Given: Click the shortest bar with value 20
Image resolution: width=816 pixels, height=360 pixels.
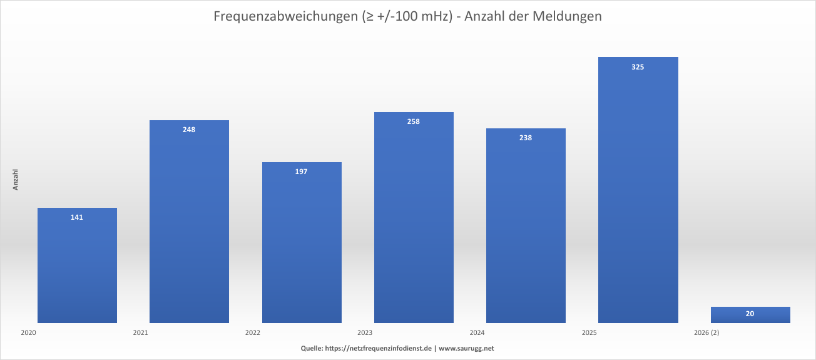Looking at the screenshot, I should [750, 315].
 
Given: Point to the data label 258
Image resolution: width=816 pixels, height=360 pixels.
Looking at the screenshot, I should [414, 121].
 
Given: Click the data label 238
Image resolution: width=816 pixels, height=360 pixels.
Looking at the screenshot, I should [526, 138].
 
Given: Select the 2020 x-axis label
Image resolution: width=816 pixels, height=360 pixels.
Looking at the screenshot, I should [28, 333].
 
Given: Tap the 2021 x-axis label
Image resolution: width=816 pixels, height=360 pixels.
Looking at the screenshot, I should [141, 333].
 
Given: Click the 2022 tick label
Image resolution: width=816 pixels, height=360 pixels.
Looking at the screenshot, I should [253, 333].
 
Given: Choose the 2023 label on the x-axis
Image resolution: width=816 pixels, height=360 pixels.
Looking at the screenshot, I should [365, 333].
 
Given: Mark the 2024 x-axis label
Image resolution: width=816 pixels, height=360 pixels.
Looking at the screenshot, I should [477, 333].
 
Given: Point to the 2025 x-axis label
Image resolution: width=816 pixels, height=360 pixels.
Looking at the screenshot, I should [589, 333].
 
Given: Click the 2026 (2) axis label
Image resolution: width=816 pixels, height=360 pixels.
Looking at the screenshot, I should [706, 333].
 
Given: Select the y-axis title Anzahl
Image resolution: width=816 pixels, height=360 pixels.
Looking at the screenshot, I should [16, 180].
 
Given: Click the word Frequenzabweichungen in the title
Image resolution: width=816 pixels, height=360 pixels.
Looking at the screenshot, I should [285, 17].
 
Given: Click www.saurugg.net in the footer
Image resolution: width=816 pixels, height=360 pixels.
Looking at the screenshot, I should [466, 348].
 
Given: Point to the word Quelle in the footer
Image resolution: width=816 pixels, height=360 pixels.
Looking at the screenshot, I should [312, 348].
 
